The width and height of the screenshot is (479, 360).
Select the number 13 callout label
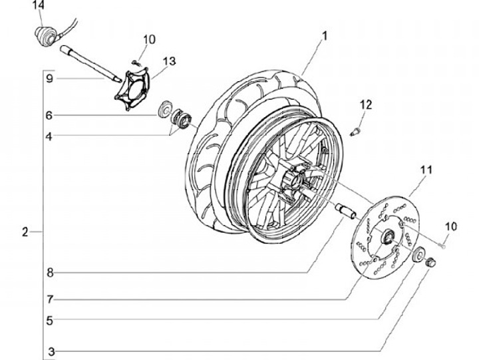[x=168, y=61]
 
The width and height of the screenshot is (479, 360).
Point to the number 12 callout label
[x=365, y=104]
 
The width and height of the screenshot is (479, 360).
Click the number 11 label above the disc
[x=425, y=170]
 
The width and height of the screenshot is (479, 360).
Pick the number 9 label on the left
[x=49, y=79]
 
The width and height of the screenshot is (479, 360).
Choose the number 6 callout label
[x=49, y=115]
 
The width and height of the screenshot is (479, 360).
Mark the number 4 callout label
[x=49, y=137]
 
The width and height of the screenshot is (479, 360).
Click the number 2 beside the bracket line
[x=25, y=232]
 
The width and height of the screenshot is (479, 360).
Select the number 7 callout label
[x=49, y=299]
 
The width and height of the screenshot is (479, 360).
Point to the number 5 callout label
[x=49, y=319]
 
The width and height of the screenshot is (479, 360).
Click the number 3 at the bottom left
[x=49, y=351]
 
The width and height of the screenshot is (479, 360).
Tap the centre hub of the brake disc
[x=385, y=236]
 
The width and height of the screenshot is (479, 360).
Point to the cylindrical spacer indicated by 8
[x=347, y=210]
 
